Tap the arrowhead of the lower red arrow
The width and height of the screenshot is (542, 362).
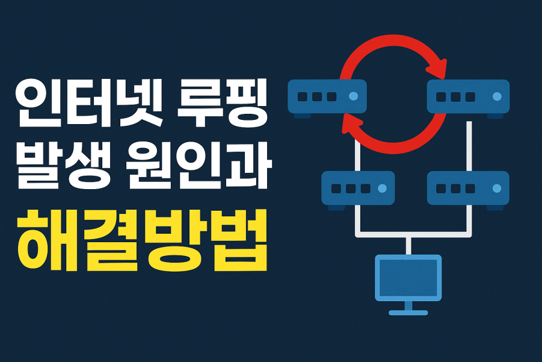(351, 123)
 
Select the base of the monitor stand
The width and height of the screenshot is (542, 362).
(408, 312)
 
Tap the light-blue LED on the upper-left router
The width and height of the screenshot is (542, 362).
(353, 96)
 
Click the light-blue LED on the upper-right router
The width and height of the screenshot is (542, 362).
(496, 96)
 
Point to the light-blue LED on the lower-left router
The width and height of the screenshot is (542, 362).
(381, 189)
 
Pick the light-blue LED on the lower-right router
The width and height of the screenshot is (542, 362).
(496, 189)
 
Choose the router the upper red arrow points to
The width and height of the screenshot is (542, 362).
(468, 96)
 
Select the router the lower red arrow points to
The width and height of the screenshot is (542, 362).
(327, 96)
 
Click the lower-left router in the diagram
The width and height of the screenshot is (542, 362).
(358, 189)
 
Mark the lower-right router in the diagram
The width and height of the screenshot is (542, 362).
(468, 189)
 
